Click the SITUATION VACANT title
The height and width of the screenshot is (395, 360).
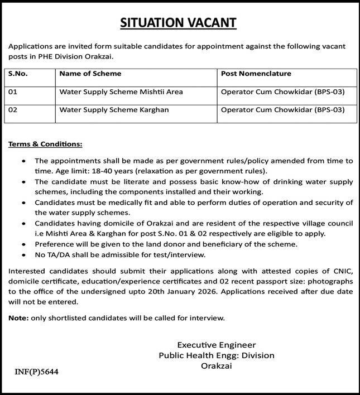click(179, 22)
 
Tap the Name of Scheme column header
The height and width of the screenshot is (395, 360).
click(90, 74)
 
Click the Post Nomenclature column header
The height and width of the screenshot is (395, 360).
click(256, 74)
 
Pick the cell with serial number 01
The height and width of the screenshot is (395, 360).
click(14, 91)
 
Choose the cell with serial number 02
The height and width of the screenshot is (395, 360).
click(14, 110)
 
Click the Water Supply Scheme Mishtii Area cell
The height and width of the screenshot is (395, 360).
click(121, 91)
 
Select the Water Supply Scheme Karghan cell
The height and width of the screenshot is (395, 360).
click(114, 110)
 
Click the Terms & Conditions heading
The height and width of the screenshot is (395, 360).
click(45, 144)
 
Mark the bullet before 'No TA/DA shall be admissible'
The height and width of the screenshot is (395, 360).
click(23, 254)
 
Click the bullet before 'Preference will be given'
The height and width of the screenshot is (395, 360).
click(23, 244)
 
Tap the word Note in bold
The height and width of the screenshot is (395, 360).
click(19, 318)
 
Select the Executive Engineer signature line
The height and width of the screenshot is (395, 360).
click(216, 345)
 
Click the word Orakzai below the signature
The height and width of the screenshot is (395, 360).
click(216, 366)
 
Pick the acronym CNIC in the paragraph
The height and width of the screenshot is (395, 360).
click(342, 271)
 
